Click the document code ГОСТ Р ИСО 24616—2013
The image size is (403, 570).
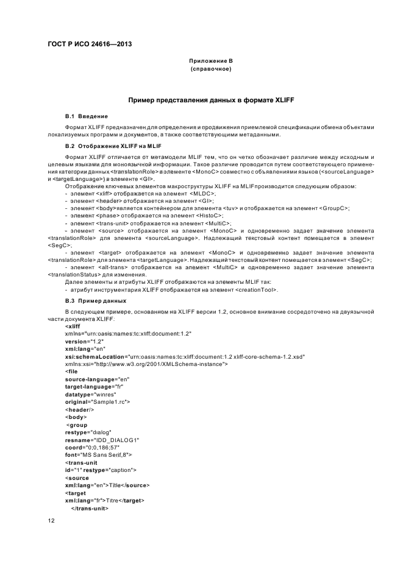pos(90,44)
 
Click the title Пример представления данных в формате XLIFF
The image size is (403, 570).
pos(211,99)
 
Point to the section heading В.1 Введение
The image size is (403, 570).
pos(87,115)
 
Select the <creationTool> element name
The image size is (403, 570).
pos(252,290)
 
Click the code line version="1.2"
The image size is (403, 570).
pos(84,342)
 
